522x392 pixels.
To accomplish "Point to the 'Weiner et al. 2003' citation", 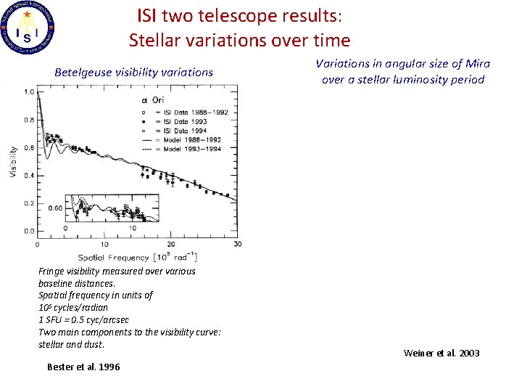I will point(442,354).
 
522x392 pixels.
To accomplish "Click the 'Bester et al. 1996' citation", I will point(83,367).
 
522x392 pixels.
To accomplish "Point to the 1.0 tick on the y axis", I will point(29,92).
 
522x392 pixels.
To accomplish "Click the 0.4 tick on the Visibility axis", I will point(29,176).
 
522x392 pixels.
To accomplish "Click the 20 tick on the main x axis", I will point(170,244).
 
